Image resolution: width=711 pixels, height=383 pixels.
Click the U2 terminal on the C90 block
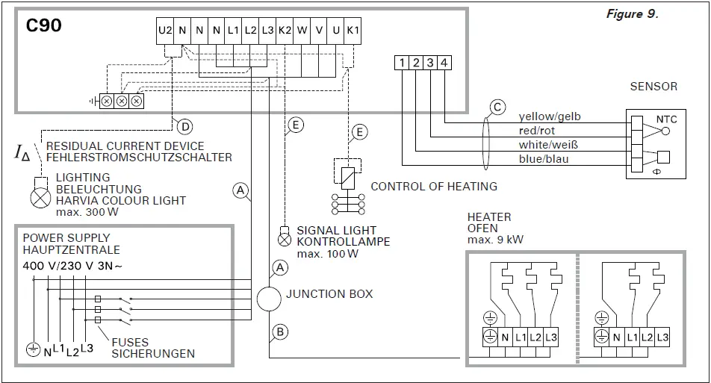165,31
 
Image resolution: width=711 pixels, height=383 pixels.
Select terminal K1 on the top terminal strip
353,31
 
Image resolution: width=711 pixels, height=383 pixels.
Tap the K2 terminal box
285,31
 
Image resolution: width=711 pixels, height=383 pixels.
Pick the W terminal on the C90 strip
302,31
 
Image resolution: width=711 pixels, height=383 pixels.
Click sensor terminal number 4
444,63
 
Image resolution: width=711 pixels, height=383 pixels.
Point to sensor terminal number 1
402,63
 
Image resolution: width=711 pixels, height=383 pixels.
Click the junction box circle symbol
267,298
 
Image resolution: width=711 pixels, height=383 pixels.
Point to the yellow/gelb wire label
549,116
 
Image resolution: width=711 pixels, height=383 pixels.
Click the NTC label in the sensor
666,119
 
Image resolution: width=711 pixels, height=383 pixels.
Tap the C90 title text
43,25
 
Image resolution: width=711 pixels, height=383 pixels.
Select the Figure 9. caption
632,14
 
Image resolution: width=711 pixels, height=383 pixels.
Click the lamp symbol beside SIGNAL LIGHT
284,240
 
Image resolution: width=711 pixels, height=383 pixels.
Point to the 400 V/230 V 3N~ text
69,265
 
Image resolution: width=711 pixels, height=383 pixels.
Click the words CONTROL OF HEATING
434,186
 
